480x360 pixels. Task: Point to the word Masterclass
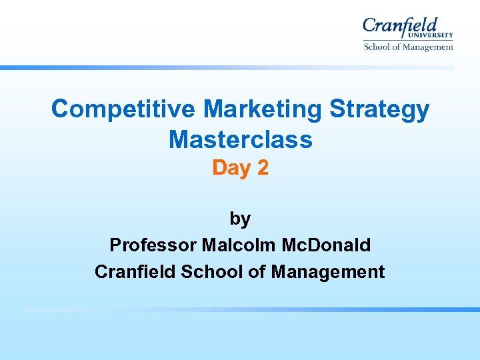241,139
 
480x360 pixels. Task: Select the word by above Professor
240,219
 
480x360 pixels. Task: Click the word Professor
152,245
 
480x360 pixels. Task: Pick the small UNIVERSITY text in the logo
435,35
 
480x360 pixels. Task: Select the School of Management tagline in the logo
408,47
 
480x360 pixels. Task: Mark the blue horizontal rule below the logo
227,67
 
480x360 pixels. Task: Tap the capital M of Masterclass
178,139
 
